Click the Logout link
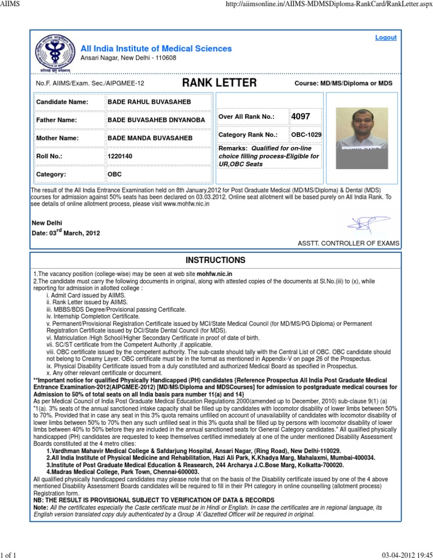(386, 38)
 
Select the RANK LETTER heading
(219, 83)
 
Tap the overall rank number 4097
(300, 117)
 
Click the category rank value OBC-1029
(307, 136)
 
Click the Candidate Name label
(62, 102)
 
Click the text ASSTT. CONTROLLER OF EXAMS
(348, 243)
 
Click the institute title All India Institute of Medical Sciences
(156, 48)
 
